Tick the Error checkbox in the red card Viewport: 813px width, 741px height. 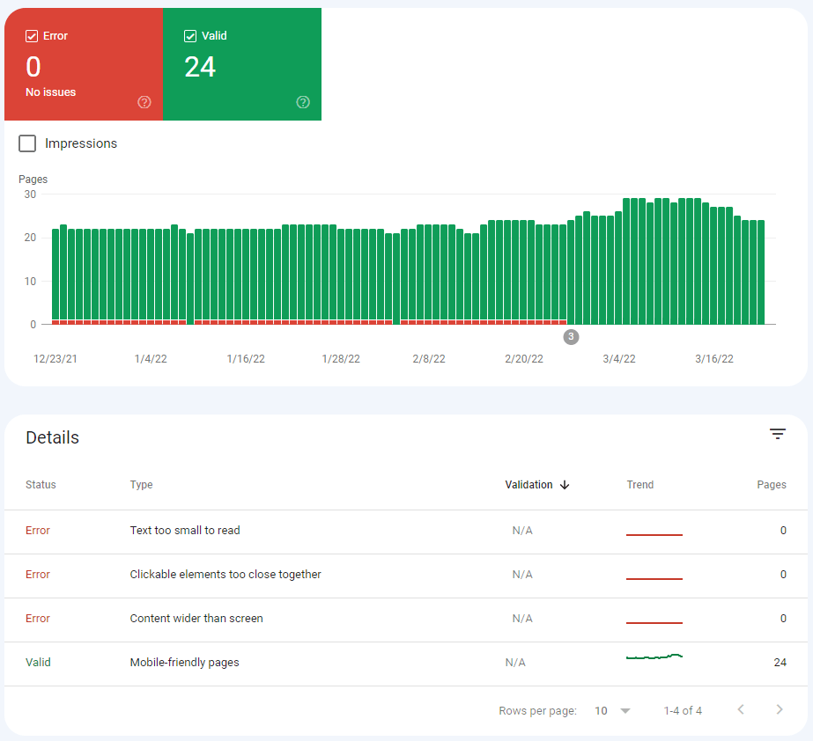[32, 36]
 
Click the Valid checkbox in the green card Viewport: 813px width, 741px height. [190, 36]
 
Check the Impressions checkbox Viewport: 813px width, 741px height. [27, 143]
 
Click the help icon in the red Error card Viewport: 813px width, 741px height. [144, 102]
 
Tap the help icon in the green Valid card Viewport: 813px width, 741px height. [303, 102]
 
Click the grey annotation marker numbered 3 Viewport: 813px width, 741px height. [571, 337]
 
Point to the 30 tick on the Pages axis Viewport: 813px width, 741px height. [30, 194]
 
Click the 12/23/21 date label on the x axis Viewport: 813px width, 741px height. [55, 359]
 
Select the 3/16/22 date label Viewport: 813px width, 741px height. [714, 359]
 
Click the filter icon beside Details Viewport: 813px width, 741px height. [777, 434]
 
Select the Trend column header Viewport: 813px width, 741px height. [640, 485]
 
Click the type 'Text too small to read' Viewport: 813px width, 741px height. [185, 531]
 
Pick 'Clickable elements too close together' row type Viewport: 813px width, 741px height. [225, 575]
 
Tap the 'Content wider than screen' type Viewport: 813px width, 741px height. [196, 619]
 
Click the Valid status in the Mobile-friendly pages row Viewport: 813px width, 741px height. [38, 663]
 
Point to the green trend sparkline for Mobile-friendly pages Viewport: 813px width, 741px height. [654, 657]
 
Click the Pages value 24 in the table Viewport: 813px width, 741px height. [780, 663]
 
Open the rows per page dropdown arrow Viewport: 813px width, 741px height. [625, 711]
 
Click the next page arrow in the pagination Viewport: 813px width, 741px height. [779, 710]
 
